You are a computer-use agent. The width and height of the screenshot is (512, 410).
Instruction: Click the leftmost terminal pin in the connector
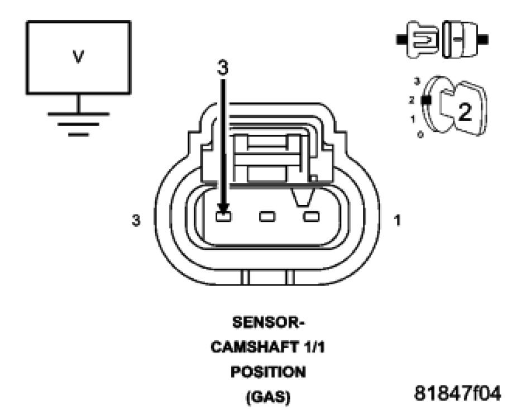coord(223,216)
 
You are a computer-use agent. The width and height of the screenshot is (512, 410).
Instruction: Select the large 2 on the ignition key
coord(465,112)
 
